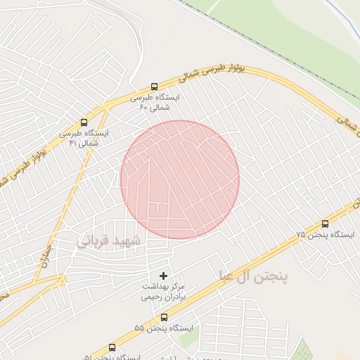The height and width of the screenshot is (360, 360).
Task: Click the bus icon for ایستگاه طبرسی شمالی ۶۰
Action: (x=155, y=87)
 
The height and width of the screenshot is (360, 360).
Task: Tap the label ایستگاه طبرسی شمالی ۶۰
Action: (x=155, y=103)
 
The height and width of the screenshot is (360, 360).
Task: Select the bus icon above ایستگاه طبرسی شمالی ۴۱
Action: (x=84, y=122)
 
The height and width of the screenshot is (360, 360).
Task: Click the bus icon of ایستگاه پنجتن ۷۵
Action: (x=324, y=224)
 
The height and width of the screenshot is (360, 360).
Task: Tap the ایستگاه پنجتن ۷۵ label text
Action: (x=326, y=234)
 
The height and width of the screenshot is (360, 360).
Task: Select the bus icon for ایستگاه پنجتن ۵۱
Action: (x=112, y=347)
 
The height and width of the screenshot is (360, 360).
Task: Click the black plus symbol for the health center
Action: (x=165, y=275)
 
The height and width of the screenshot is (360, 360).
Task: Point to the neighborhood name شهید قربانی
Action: (x=108, y=241)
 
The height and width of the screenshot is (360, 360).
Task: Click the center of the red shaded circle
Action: (x=180, y=179)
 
